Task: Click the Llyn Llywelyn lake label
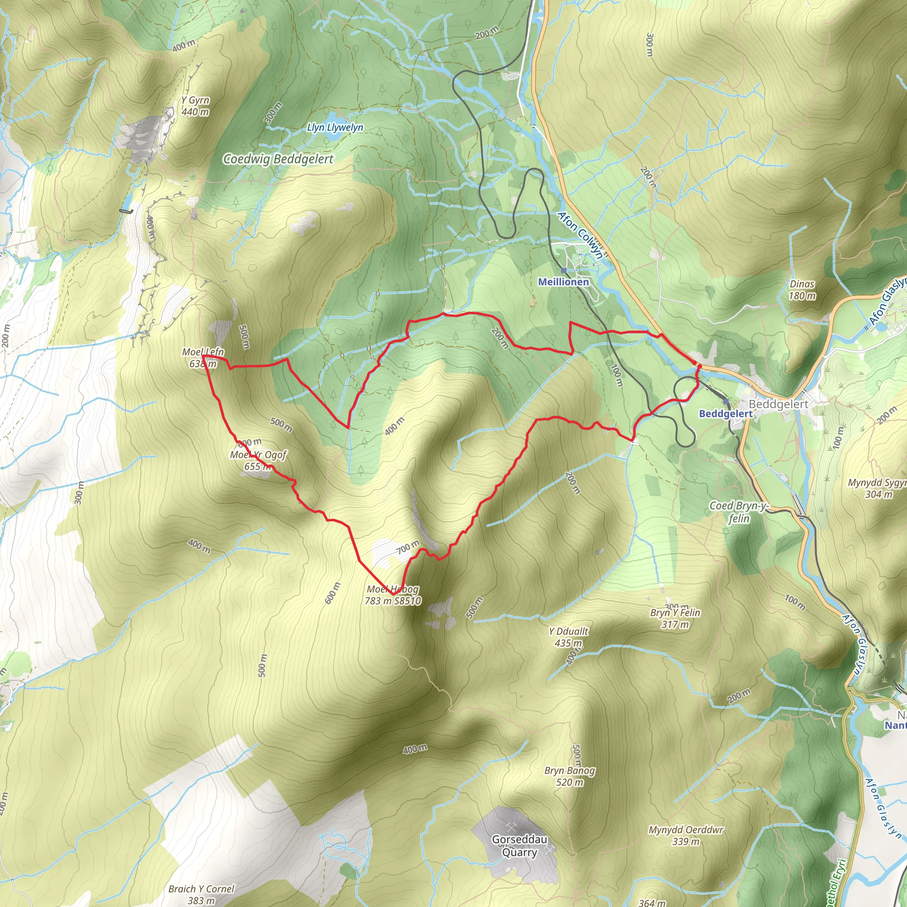[x=335, y=127]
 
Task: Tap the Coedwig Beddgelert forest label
[x=278, y=159]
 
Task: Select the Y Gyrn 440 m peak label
[x=195, y=106]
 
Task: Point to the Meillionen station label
[x=563, y=282]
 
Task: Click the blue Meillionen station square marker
[x=563, y=271]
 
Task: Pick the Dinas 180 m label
[x=802, y=290]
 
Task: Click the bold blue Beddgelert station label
[x=725, y=414]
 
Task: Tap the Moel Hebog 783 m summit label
[x=393, y=595]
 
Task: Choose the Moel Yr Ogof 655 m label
[x=258, y=460]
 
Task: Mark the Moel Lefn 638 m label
[x=203, y=358]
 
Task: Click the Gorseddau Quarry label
[x=519, y=845]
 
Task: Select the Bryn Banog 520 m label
[x=570, y=776]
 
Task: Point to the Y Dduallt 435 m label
[x=569, y=637]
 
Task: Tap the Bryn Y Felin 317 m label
[x=675, y=618]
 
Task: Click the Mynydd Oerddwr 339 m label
[x=686, y=835]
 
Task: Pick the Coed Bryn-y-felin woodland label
[x=738, y=512]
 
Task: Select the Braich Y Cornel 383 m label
[x=201, y=894]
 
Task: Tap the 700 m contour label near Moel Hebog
[x=407, y=547]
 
